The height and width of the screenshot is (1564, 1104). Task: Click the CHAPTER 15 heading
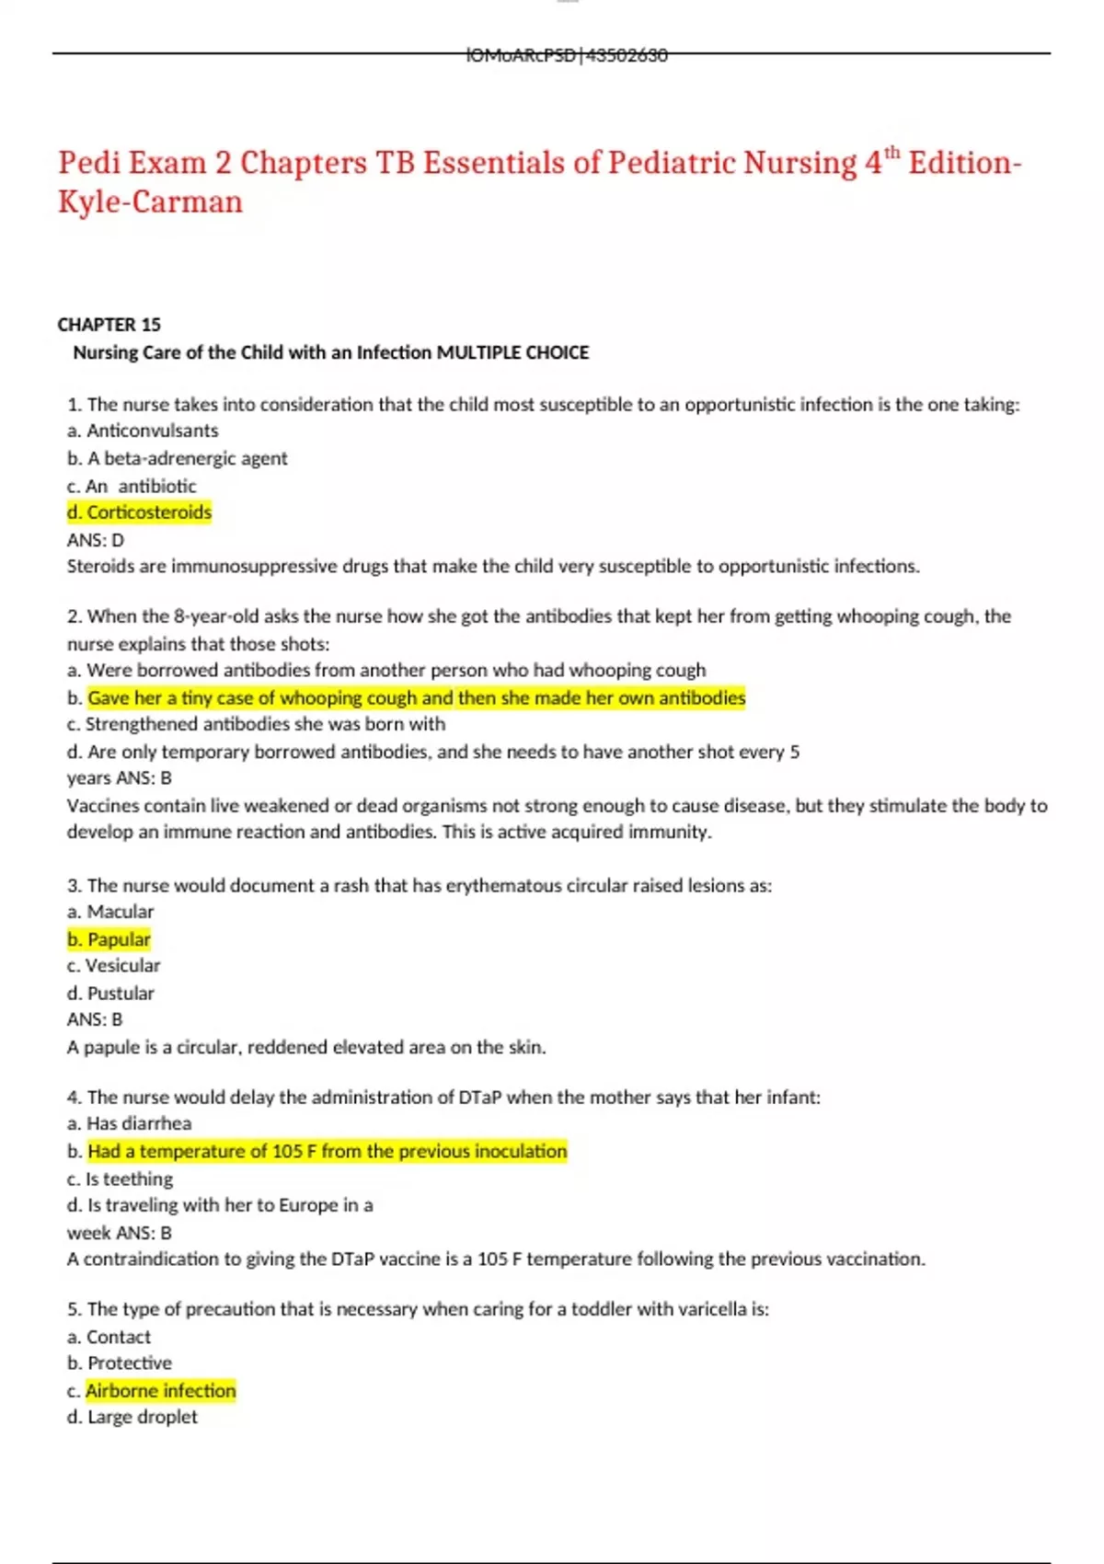tap(109, 325)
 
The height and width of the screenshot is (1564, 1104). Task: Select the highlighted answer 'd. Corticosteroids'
tap(139, 512)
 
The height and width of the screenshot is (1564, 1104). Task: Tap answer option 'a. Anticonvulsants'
tap(143, 431)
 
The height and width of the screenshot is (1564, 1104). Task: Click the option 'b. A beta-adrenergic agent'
tap(177, 458)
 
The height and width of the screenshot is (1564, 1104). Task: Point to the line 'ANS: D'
tap(95, 540)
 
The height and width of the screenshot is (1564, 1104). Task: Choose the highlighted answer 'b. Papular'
tap(109, 939)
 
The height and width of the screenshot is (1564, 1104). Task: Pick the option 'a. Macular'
tap(110, 912)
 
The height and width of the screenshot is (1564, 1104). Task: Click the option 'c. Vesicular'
tap(113, 966)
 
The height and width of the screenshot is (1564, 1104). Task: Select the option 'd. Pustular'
tap(110, 994)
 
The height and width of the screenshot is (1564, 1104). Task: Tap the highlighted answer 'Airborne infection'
tap(161, 1391)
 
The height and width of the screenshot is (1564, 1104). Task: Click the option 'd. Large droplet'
tap(132, 1417)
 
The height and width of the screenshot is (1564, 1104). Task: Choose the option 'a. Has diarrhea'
tap(129, 1123)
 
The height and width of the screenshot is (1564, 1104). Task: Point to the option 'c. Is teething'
tap(120, 1179)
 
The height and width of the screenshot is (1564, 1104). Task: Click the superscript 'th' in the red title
tap(892, 153)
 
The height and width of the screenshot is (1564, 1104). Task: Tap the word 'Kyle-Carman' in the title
tap(150, 202)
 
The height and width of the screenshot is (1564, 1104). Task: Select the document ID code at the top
tap(567, 55)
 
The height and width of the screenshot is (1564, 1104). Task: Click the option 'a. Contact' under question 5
tap(109, 1337)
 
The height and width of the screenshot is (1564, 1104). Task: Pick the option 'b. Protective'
tap(119, 1363)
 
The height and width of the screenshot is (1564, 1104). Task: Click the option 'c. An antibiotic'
tap(132, 486)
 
